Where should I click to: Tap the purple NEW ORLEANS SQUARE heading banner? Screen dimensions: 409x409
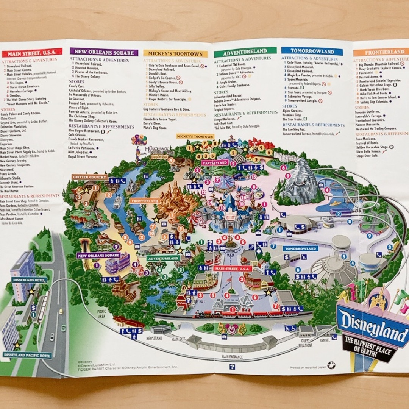[104, 52]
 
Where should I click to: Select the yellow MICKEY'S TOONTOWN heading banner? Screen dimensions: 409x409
[175, 54]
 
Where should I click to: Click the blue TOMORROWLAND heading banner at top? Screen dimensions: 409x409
[312, 51]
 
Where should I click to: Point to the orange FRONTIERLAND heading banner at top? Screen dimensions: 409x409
[381, 52]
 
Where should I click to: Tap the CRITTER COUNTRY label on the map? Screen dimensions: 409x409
[89, 177]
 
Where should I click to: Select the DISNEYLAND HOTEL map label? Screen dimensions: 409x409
[29, 280]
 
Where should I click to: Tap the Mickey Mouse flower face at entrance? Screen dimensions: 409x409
[231, 329]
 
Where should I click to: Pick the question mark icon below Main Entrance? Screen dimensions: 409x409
[232, 366]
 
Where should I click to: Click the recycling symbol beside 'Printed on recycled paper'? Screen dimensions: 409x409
[331, 365]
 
